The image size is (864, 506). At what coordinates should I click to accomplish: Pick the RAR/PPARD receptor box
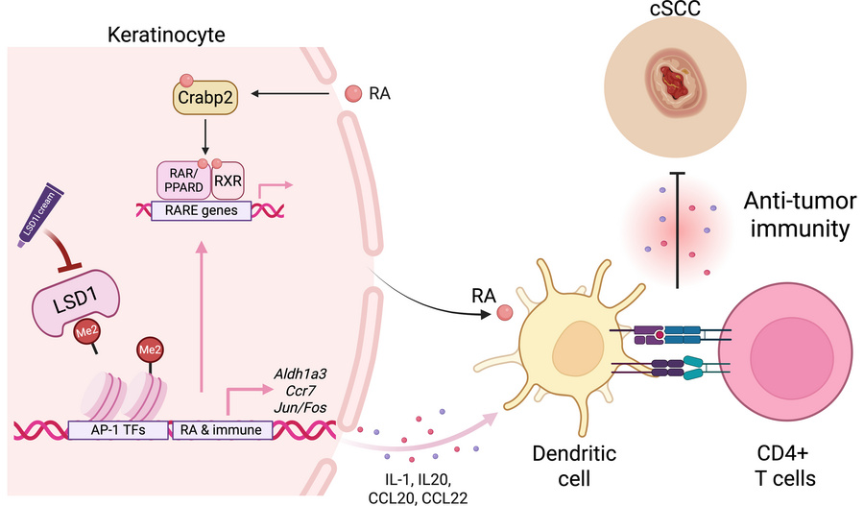coord(182,180)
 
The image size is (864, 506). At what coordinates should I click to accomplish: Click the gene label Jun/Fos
coord(300,411)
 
